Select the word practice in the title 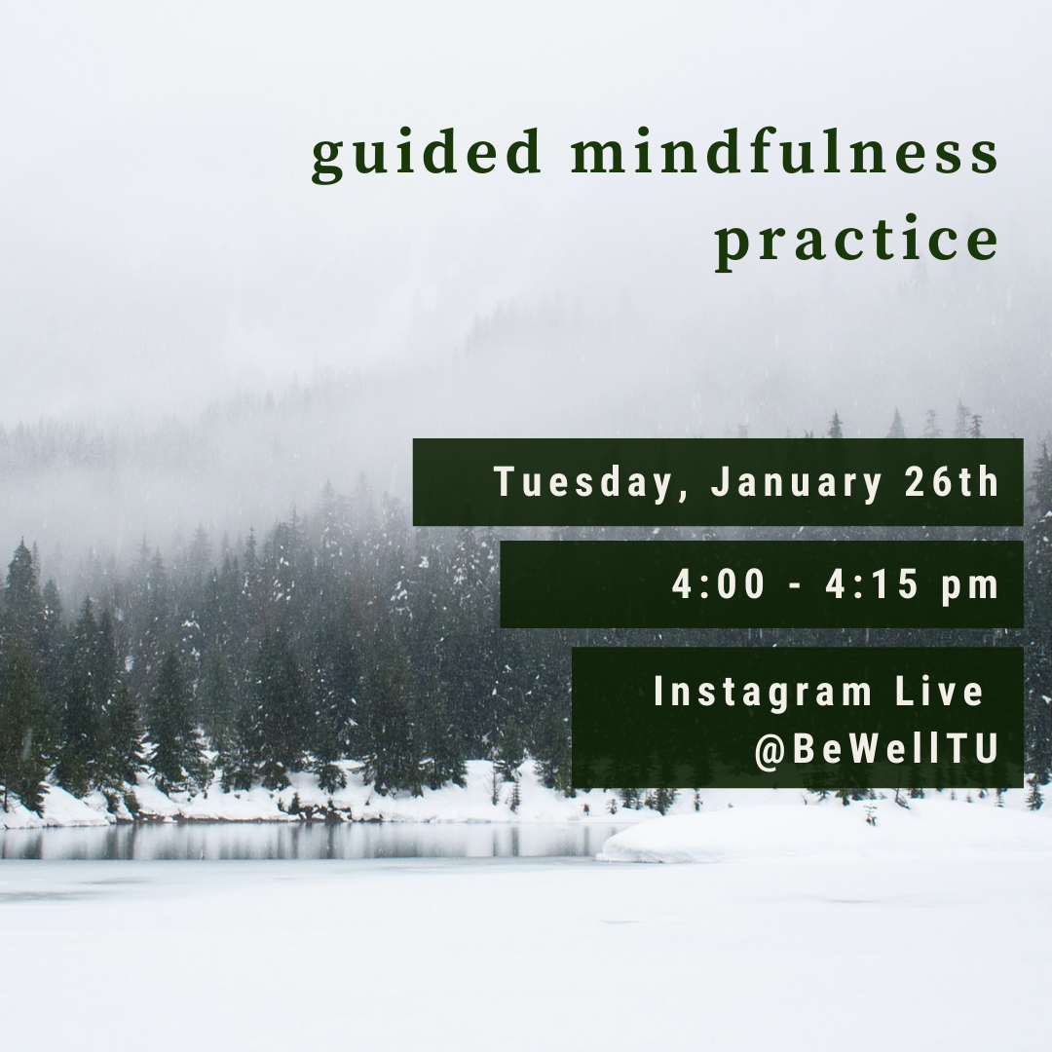click(857, 240)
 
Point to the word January click(796, 482)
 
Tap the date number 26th click(952, 482)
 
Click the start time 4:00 click(719, 583)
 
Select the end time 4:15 click(872, 583)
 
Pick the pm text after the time click(970, 587)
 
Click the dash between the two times click(795, 586)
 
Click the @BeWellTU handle click(877, 749)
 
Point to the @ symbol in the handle click(770, 750)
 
